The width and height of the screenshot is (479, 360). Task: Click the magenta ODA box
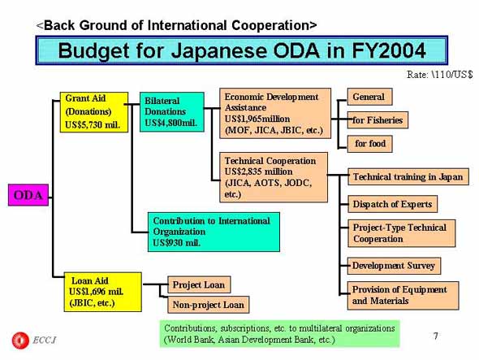point(28,195)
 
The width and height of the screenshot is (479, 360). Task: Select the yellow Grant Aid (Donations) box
point(94,112)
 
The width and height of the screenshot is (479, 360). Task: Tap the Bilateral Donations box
point(172,112)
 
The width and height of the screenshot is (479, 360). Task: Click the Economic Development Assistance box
point(275,114)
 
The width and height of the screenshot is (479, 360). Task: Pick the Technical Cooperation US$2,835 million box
point(274,177)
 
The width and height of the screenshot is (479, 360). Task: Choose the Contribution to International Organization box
point(214,232)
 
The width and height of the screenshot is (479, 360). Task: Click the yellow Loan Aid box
point(102,292)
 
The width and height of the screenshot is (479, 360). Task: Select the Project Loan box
point(199,284)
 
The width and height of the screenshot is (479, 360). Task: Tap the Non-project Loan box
point(209,305)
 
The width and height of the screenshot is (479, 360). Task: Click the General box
point(369,97)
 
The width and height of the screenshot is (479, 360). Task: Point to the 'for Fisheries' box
point(378,120)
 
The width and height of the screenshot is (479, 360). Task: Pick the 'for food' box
point(369,144)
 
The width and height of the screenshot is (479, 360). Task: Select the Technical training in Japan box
point(408,176)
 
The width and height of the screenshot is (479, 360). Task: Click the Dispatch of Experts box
point(393,204)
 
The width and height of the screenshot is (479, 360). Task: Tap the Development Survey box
point(394,266)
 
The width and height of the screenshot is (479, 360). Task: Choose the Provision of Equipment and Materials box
point(403,296)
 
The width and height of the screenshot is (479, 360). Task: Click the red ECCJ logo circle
point(20,340)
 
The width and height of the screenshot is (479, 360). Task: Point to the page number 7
point(436,336)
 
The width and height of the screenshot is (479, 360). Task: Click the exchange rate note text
point(439,75)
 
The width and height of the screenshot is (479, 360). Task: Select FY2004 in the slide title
point(389,50)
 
